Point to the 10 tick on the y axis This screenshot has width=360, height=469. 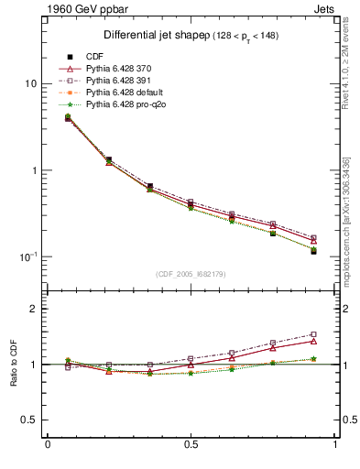pos(27,84)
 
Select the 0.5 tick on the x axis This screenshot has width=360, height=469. pos(191,445)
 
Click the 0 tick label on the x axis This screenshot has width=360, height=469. pos(48,445)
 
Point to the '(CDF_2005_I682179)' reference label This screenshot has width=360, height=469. pos(191,274)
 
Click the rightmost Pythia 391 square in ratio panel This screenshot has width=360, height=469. pos(313,334)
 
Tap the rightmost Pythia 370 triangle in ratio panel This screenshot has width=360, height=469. pos(313,341)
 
